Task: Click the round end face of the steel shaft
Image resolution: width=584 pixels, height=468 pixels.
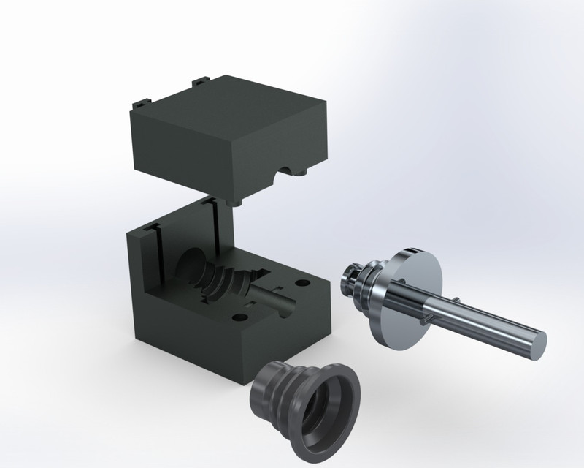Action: tap(537, 343)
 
